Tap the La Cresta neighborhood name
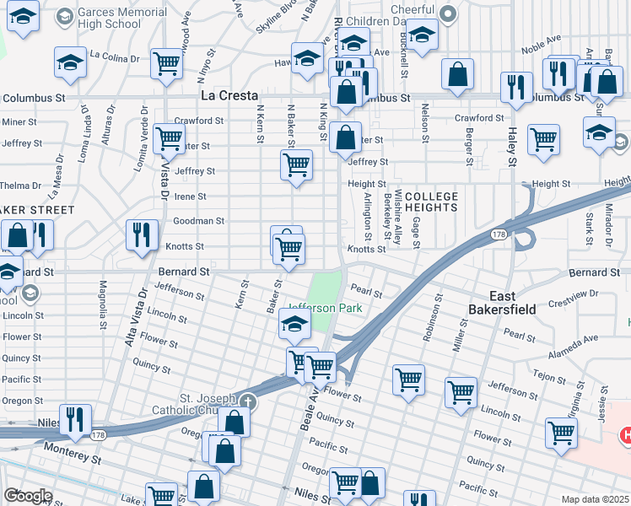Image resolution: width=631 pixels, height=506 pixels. tap(229, 96)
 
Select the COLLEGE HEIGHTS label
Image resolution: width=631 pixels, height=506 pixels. tap(431, 202)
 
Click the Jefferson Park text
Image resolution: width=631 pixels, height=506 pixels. tap(326, 308)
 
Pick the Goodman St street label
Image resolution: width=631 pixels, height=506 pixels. tap(198, 221)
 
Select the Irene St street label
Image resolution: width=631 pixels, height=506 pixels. tap(190, 196)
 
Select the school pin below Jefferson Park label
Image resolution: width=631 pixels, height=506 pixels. tap(294, 323)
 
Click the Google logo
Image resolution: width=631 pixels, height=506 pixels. tap(29, 496)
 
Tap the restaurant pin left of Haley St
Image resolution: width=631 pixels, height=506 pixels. tap(515, 87)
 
